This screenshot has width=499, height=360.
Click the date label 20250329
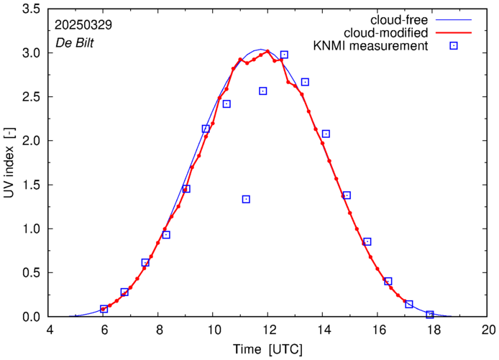[x=83, y=24]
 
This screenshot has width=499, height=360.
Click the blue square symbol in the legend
[x=454, y=47]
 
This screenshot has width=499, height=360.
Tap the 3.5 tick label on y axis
[x=31, y=9]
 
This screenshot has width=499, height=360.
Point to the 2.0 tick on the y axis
[x=31, y=140]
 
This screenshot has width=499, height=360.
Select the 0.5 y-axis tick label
[x=31, y=273]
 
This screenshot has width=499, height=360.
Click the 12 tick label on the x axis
[x=267, y=331]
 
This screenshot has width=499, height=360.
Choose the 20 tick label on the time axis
[x=488, y=331]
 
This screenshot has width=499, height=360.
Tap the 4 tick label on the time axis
[x=50, y=331]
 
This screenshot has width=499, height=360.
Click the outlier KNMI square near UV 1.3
[x=246, y=199]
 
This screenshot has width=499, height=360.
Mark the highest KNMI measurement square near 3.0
[x=284, y=55]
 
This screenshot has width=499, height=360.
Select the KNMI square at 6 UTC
[x=104, y=309]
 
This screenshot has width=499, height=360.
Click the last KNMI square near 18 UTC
[x=430, y=315]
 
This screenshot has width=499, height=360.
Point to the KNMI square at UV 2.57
[x=263, y=91]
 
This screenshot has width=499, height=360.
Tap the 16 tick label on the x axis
[x=378, y=331]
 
